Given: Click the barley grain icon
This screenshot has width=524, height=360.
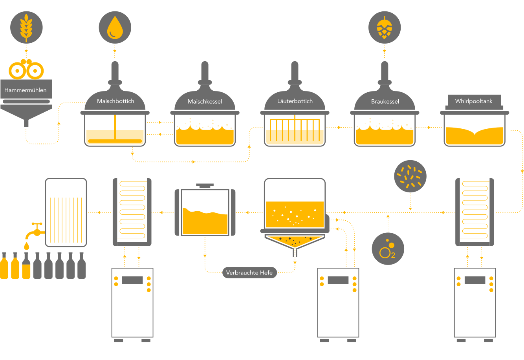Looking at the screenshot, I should pyautogui.click(x=26, y=27).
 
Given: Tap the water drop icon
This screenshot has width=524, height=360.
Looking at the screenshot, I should pyautogui.click(x=115, y=27).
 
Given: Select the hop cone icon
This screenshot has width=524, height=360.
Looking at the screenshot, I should pyautogui.click(x=384, y=27).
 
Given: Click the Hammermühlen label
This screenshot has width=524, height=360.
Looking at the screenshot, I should pyautogui.click(x=26, y=90).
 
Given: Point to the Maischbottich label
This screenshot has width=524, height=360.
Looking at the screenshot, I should pyautogui.click(x=115, y=101).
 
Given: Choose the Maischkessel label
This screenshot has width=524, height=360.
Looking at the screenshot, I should pyautogui.click(x=205, y=102).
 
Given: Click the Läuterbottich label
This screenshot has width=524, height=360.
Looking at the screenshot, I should pyautogui.click(x=295, y=101).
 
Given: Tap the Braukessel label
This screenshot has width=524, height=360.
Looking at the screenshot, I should pyautogui.click(x=385, y=102).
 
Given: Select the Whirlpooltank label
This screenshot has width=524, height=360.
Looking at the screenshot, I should pyautogui.click(x=474, y=101).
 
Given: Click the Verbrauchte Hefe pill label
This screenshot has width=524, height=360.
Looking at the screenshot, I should pyautogui.click(x=249, y=273).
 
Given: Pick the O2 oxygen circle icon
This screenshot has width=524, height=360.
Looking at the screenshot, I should pyautogui.click(x=388, y=249).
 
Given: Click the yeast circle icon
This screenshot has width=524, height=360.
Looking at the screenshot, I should pyautogui.click(x=410, y=176).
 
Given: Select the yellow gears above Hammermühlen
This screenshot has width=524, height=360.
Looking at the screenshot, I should pyautogui.click(x=26, y=70).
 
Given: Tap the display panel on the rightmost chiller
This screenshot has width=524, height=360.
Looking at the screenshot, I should pyautogui.click(x=475, y=280).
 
